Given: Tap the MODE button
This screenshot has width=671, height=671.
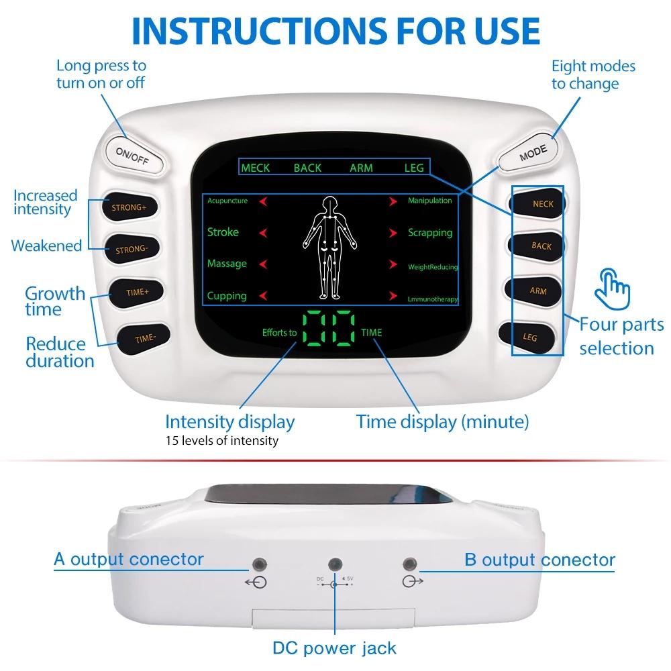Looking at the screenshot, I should tap(533, 151).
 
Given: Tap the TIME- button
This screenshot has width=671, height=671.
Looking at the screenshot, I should tap(144, 338).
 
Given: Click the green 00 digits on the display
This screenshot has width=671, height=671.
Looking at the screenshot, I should tap(328, 329).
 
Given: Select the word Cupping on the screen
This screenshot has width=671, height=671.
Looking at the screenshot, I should tap(227, 296).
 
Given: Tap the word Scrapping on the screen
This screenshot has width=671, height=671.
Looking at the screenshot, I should tap(430, 233).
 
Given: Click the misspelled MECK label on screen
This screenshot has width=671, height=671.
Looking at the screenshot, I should tap(255, 168).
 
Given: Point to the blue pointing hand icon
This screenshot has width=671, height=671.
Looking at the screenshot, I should tap(613, 286).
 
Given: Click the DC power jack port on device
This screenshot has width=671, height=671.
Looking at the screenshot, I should tap(333, 564).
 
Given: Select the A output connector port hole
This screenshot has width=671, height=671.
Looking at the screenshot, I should tap(256, 564).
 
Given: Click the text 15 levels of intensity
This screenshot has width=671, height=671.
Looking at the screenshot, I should tap(221, 441).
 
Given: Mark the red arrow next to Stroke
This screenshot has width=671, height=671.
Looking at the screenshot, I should tap(264, 233).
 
